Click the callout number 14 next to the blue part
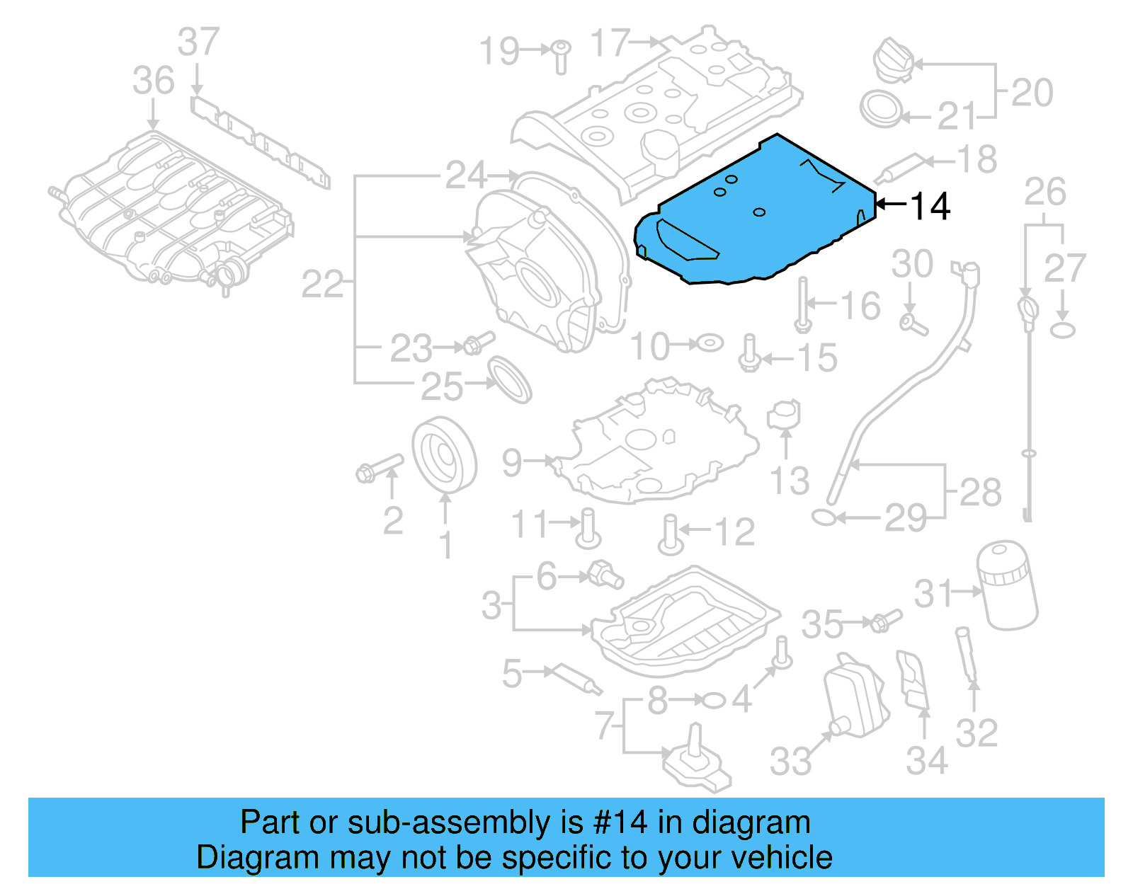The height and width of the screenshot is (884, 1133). click(x=930, y=206)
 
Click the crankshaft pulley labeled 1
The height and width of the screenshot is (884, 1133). click(x=444, y=455)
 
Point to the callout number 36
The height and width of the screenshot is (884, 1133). click(x=153, y=81)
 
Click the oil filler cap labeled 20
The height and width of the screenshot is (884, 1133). click(x=894, y=61)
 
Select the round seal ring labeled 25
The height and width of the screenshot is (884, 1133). click(x=510, y=379)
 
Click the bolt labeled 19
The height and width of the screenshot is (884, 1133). click(x=561, y=55)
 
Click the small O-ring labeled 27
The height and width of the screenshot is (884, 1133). click(x=1062, y=330)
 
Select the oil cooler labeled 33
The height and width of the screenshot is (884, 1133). click(x=855, y=697)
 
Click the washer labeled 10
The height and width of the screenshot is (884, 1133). click(x=709, y=344)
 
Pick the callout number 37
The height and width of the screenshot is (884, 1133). click(x=198, y=42)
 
